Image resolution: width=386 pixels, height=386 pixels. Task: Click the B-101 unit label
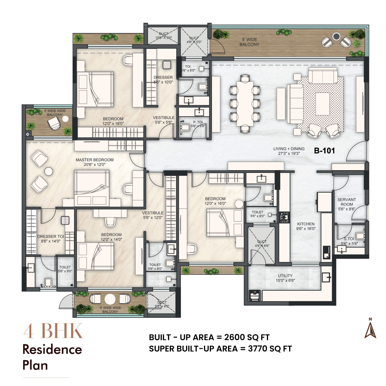tap(324, 151)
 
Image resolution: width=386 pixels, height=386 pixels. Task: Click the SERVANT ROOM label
tap(346, 202)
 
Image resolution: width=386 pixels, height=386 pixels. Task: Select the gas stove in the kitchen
tap(285, 216)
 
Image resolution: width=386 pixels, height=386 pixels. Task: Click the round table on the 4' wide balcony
tap(110, 299)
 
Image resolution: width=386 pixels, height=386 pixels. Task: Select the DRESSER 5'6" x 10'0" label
tap(163, 79)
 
